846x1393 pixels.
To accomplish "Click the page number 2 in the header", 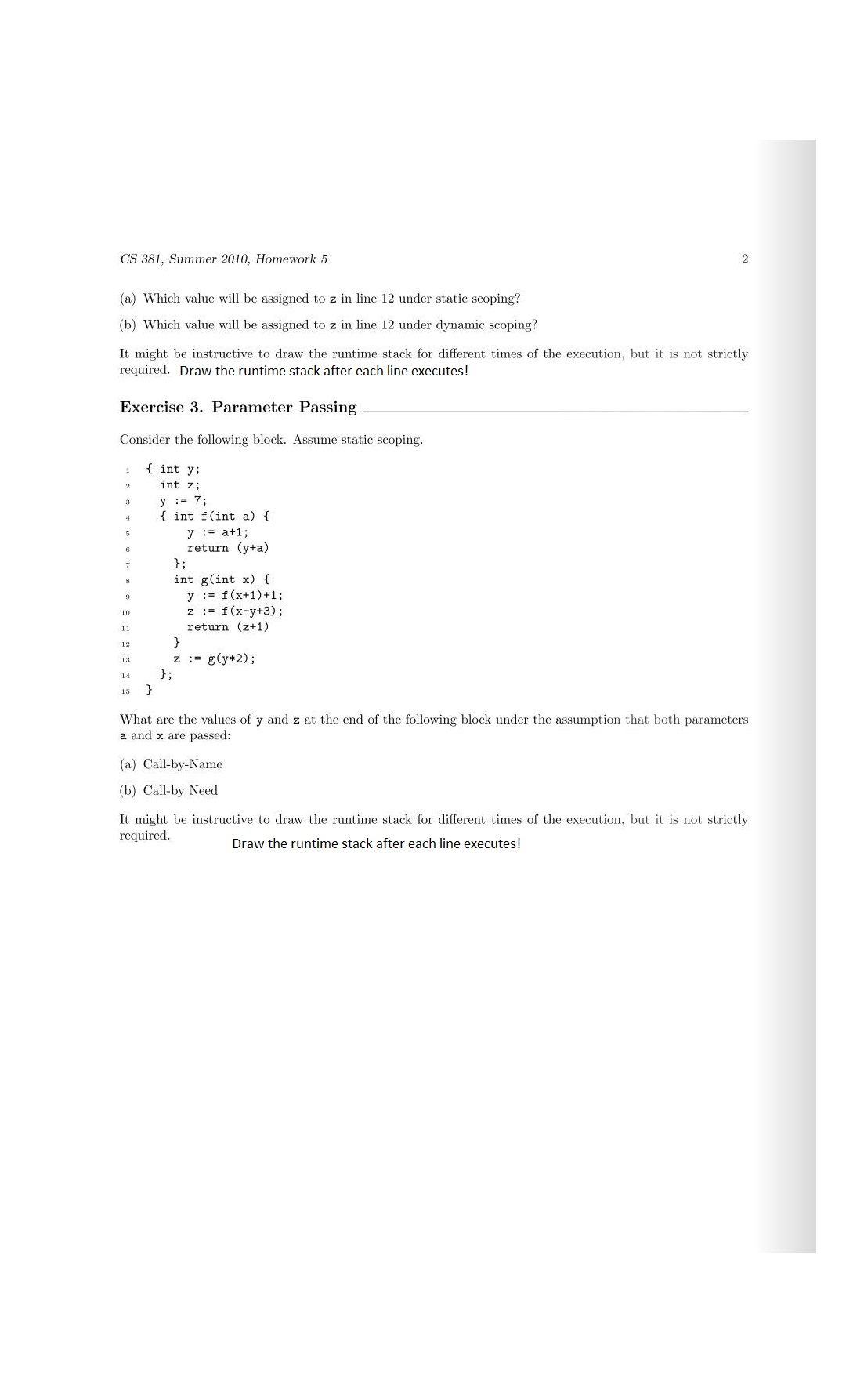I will click(x=744, y=259).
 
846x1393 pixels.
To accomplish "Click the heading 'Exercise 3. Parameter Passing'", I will click(x=238, y=408).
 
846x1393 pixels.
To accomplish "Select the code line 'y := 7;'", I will click(x=183, y=501).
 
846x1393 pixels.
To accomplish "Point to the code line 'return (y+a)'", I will click(x=227, y=548).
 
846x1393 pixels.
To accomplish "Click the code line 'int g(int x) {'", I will click(x=222, y=579).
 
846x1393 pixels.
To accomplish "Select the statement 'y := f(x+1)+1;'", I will click(x=235, y=596).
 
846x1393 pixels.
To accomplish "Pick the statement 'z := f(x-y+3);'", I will click(x=235, y=611).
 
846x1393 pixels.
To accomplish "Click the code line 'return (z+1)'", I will click(x=227, y=627).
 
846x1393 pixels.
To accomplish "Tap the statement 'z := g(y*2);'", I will click(x=214, y=658).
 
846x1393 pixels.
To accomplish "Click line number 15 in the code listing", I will click(x=125, y=691).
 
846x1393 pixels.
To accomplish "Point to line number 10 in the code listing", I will click(x=125, y=612).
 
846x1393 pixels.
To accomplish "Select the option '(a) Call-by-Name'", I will click(x=171, y=764).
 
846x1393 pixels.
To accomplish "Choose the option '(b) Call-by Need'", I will click(x=168, y=791).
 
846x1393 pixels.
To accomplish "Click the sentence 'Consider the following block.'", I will click(x=204, y=440).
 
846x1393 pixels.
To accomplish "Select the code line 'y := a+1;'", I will click(x=218, y=532).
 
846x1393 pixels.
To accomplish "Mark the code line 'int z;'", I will click(x=180, y=485).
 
